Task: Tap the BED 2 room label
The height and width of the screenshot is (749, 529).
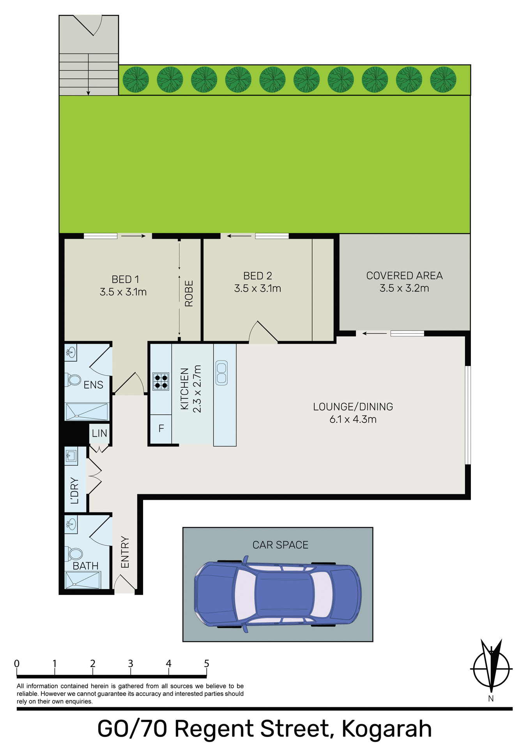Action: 257,276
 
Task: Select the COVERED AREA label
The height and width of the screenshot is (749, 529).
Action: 404,275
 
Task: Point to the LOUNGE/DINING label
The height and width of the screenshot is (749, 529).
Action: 353,406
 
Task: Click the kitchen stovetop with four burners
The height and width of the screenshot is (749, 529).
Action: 161,381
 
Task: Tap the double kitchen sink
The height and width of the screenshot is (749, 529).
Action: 221,373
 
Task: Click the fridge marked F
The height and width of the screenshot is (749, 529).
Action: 161,429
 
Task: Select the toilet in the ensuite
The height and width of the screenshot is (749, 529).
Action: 73,380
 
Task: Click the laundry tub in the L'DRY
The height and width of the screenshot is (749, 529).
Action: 71,455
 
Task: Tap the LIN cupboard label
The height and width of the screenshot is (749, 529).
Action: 99,433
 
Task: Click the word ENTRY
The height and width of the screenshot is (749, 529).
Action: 125,552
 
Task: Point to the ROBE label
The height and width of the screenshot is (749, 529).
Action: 189,293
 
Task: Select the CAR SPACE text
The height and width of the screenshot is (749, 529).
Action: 280,545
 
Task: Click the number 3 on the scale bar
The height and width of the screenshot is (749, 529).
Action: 131,664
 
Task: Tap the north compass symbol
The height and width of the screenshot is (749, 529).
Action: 491,668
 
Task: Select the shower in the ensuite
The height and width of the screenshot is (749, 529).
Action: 87,412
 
